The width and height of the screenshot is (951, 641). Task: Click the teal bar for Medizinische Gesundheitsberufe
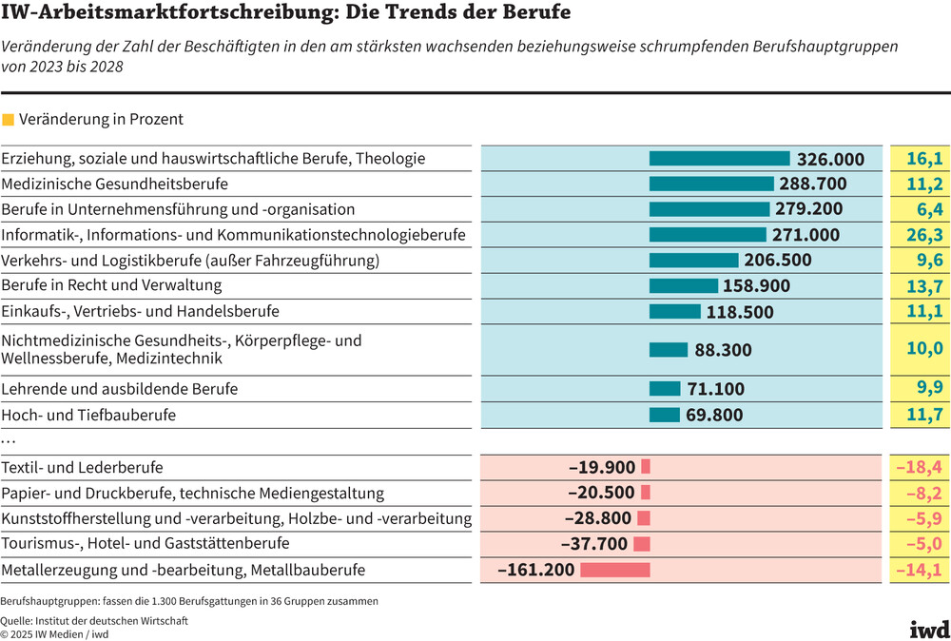[x=711, y=184]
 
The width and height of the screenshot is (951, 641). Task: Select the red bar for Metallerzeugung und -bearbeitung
[x=614, y=570]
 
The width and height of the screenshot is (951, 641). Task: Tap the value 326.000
[x=830, y=159]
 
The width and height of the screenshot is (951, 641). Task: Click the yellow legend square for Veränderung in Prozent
[x=9, y=120]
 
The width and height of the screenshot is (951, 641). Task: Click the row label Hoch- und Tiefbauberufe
[x=88, y=415]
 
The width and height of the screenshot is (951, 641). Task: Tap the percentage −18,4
[x=919, y=467]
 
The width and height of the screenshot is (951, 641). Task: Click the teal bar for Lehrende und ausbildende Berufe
[x=665, y=388]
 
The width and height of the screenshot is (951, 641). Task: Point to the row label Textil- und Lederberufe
[x=82, y=467]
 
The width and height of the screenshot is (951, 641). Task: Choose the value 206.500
[x=781, y=261]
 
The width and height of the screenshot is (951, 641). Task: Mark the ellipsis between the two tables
[x=9, y=441]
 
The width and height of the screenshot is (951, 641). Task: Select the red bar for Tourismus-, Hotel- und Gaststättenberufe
[x=641, y=544]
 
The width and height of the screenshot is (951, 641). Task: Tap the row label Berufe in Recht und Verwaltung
[x=111, y=285]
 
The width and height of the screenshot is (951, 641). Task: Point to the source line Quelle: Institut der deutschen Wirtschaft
[x=94, y=620]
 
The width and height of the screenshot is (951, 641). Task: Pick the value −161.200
[x=536, y=570]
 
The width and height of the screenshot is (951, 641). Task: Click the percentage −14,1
[x=919, y=570]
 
